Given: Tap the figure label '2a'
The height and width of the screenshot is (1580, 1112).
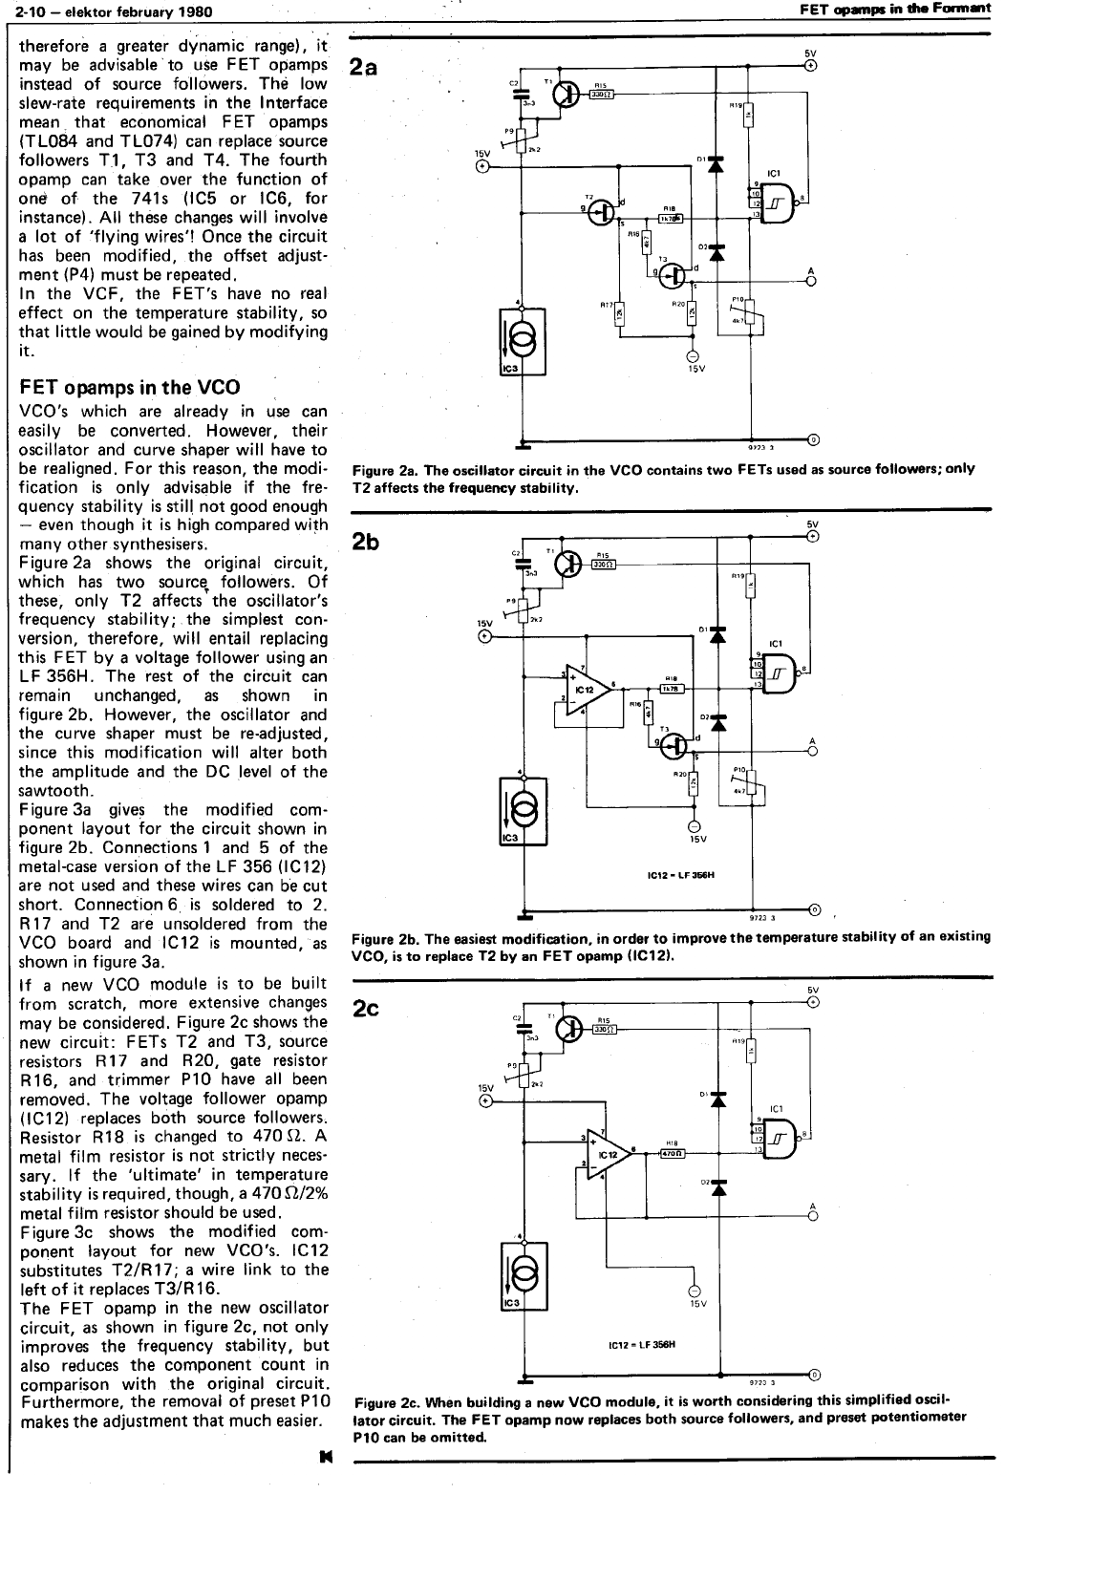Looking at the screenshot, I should click(x=365, y=67).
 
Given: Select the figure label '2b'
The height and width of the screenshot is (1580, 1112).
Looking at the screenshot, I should click(x=366, y=543).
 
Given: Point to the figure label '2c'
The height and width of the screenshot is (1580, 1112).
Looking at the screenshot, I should click(x=366, y=1008).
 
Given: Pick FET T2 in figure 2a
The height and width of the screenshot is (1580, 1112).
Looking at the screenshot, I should click(x=603, y=213).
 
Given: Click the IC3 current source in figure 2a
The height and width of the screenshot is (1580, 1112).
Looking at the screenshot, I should click(x=523, y=341).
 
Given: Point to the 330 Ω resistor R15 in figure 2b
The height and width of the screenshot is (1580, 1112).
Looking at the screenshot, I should click(x=603, y=564).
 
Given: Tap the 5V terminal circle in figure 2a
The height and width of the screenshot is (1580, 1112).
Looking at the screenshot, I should click(x=811, y=66).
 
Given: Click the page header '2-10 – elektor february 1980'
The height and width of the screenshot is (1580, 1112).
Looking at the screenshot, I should click(x=109, y=11).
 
